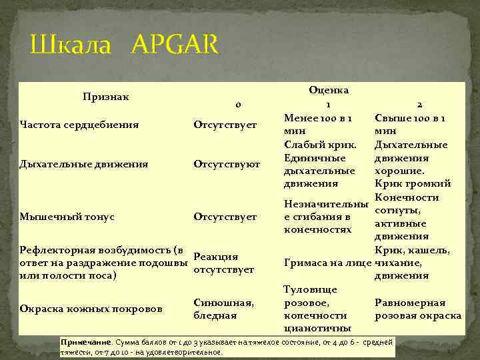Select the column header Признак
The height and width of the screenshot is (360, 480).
click(106, 97)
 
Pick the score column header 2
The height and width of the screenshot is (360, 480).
click(419, 105)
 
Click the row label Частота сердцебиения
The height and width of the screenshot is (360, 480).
click(79, 124)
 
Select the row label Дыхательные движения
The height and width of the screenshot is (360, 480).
click(83, 163)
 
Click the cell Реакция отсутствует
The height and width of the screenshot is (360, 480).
click(223, 263)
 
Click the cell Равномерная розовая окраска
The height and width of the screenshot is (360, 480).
click(418, 308)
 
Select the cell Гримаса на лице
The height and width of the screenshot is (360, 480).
click(327, 263)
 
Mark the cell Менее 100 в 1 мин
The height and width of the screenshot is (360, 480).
click(318, 125)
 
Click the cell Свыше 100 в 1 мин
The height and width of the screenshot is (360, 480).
click(410, 125)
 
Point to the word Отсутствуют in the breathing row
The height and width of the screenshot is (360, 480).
click(227, 163)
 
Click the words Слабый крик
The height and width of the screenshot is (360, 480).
click(319, 145)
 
